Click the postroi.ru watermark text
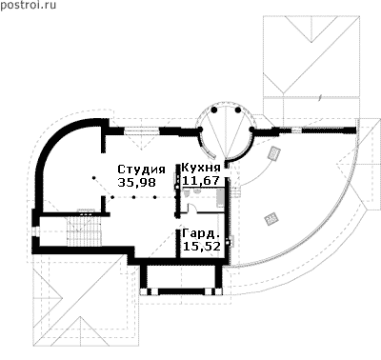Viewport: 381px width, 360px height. [x=29, y=5]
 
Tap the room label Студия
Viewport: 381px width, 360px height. [x=141, y=170]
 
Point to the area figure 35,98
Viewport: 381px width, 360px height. [x=137, y=183]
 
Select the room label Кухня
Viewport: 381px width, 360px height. [x=201, y=168]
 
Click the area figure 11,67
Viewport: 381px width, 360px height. [x=201, y=181]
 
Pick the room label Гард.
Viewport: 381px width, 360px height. [x=201, y=234]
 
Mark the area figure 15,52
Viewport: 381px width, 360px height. [x=202, y=247]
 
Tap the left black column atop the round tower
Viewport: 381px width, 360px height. [x=214, y=110]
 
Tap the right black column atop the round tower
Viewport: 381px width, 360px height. [x=238, y=110]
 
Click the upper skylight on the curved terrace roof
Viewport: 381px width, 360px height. [x=273, y=153]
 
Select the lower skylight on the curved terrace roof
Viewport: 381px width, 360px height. [x=271, y=219]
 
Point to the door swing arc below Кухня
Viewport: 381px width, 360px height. [x=191, y=207]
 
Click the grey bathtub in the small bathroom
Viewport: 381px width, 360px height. [x=220, y=197]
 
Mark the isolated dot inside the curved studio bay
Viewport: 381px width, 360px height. [x=93, y=178]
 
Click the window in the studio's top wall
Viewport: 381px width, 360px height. [x=141, y=130]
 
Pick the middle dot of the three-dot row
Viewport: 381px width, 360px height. [x=133, y=197]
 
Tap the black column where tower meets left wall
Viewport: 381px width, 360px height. [x=200, y=130]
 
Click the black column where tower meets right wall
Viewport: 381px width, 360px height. [x=251, y=130]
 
